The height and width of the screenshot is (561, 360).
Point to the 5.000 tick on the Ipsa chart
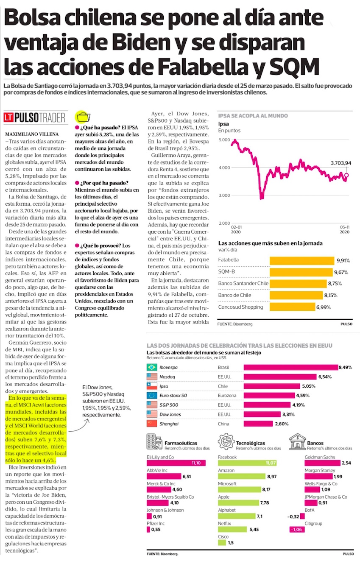click(224, 140)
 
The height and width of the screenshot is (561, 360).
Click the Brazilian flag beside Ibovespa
click(151, 367)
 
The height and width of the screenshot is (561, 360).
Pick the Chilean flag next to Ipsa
click(151, 386)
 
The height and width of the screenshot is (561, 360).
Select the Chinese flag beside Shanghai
click(151, 424)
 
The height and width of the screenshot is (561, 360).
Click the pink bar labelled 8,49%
click(291, 367)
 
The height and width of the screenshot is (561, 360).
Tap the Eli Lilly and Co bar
click(174, 463)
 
